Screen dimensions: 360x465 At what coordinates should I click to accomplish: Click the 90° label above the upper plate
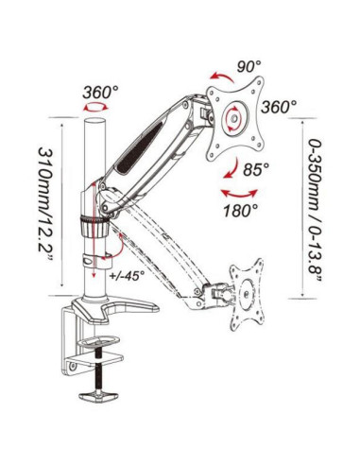(x=249, y=66)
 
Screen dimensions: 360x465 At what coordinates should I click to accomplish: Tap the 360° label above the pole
(x=100, y=92)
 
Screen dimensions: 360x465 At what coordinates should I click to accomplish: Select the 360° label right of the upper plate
(x=279, y=107)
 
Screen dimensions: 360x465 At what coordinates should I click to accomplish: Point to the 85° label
(x=256, y=169)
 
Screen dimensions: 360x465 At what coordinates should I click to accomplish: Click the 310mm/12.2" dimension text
(x=44, y=203)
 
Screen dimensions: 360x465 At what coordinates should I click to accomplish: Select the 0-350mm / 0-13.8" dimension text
(x=316, y=210)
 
